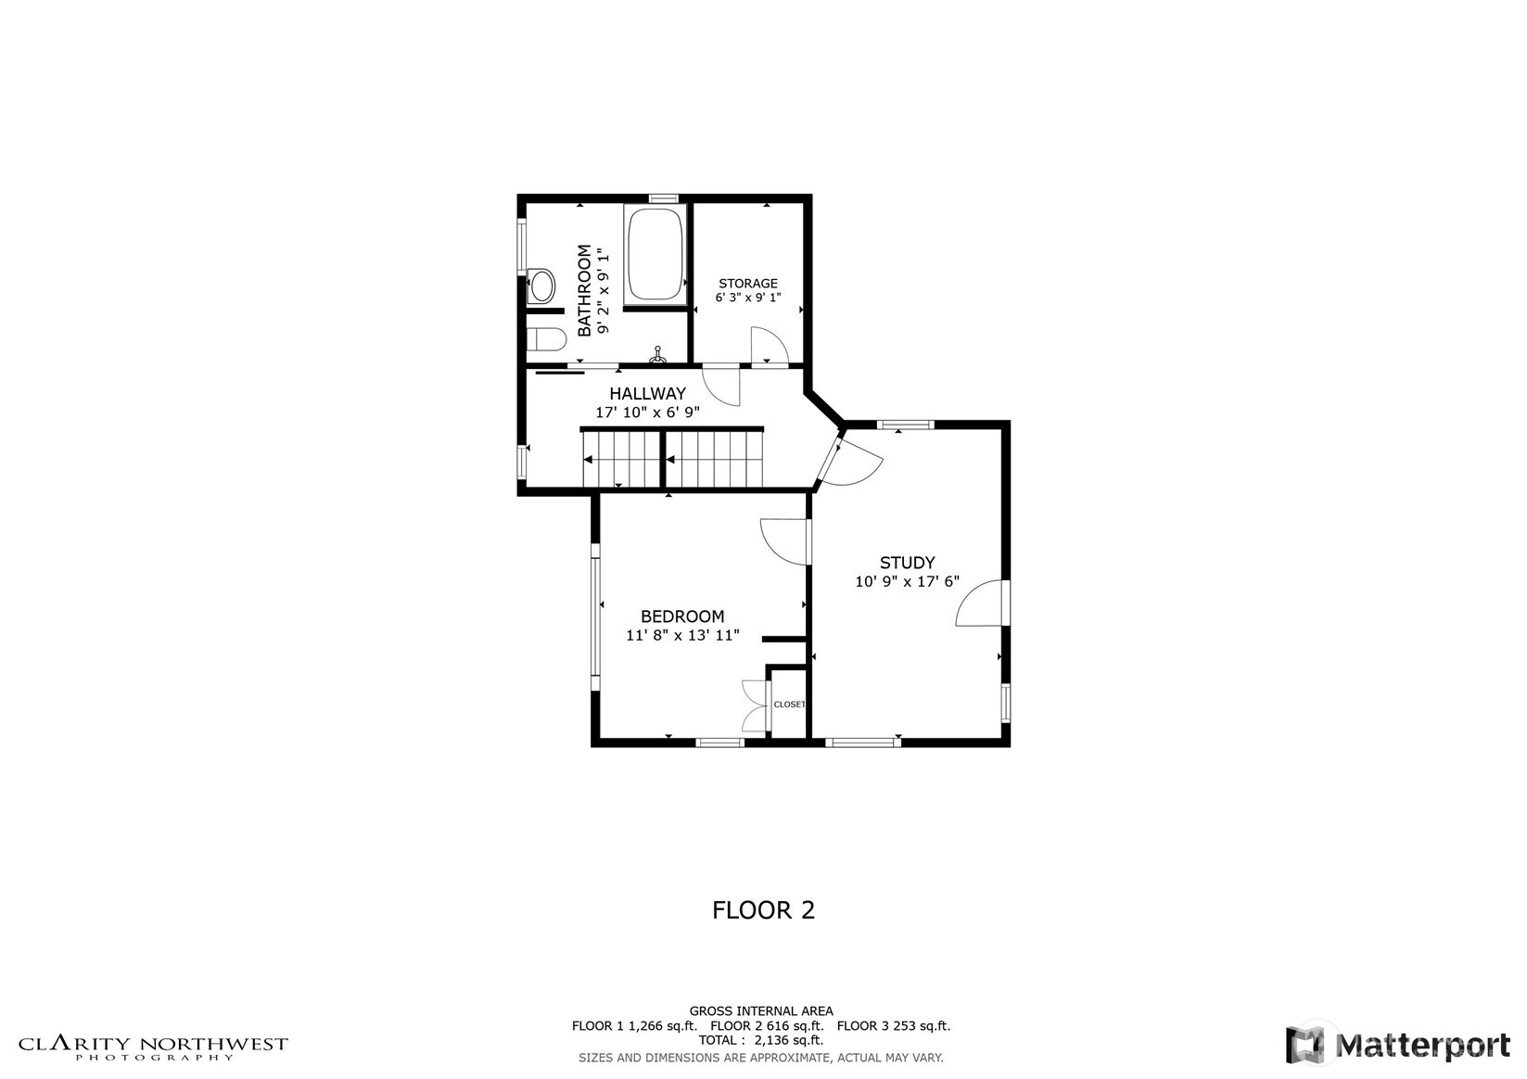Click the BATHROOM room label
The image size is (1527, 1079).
pos(585,290)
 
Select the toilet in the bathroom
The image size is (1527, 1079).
pos(546,339)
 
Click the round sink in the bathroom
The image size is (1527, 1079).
pos(541,286)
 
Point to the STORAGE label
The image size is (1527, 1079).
pos(748,284)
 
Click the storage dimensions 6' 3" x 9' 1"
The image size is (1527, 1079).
pos(748,298)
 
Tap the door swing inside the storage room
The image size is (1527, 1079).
pos(768,347)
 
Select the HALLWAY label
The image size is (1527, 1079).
pos(647,394)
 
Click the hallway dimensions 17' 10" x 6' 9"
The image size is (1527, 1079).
pos(647,413)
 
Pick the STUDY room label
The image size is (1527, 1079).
pos(907,563)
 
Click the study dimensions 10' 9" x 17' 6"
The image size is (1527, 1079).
pos(907,582)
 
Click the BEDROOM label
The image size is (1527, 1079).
pos(682,616)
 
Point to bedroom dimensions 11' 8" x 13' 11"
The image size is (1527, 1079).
pos(682,636)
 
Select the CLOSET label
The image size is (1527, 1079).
pos(789,705)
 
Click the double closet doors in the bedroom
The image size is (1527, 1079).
pos(755,706)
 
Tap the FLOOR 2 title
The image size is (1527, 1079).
pos(763,910)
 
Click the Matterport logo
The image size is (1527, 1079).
pos(1397,1046)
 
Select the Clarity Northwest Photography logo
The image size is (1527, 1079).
pos(154,1047)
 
